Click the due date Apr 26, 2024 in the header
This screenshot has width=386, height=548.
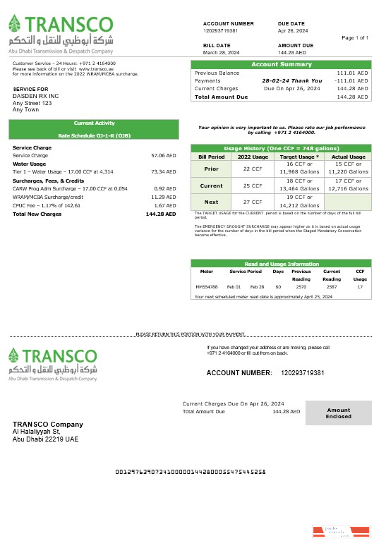tap(292, 31)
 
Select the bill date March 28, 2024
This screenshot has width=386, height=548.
tap(222, 52)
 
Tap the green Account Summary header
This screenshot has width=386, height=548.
tap(282, 65)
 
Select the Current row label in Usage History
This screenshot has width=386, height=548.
tap(211, 185)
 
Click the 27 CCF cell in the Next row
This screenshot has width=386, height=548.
tap(253, 202)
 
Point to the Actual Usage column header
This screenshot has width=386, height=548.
tap(349, 157)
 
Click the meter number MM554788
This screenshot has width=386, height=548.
tap(207, 287)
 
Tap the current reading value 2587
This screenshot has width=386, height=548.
tap(332, 287)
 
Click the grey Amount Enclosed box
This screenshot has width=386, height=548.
tap(338, 413)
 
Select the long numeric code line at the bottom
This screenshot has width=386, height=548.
tap(190, 471)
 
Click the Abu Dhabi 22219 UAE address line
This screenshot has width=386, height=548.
tap(46, 439)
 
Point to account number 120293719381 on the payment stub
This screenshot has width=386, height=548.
tap(303, 372)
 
